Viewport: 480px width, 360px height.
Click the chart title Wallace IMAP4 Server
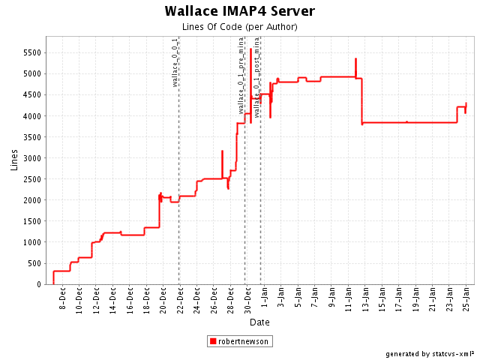(239, 11)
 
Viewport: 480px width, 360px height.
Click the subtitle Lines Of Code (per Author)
(239, 27)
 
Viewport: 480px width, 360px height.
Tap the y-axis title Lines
(14, 160)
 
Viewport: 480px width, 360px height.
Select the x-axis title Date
(259, 322)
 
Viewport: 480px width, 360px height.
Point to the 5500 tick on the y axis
(31, 53)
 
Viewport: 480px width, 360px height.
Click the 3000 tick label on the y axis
(31, 158)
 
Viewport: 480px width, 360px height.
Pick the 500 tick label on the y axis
(34, 263)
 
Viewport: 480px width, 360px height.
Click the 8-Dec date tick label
(63, 300)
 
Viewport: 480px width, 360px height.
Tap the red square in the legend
(214, 341)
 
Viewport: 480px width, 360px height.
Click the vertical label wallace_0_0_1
(175, 62)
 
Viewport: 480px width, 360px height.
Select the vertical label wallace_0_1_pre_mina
(241, 75)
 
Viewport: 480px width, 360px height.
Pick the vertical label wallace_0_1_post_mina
(257, 77)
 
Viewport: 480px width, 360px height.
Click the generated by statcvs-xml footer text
(430, 353)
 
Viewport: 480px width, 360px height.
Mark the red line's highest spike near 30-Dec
(250, 49)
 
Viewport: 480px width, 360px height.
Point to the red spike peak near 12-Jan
(355, 59)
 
